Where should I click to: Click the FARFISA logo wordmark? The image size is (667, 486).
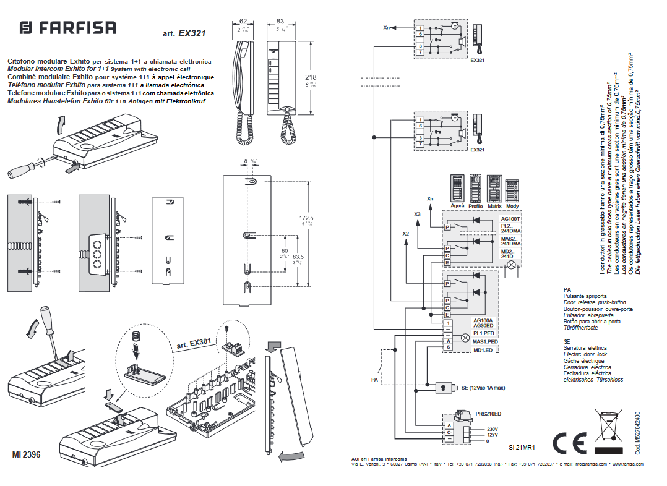pyautogui.click(x=68, y=28)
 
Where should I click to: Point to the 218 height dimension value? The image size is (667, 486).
pyautogui.click(x=311, y=77)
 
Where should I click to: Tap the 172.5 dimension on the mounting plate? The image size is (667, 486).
pyautogui.click(x=306, y=218)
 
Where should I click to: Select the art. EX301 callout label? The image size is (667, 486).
pyautogui.click(x=194, y=343)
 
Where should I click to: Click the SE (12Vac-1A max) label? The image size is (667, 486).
pyautogui.click(x=484, y=387)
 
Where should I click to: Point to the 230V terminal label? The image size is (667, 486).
pyautogui.click(x=493, y=428)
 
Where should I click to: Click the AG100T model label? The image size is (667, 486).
pyautogui.click(x=511, y=219)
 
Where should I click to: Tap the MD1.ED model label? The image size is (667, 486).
pyautogui.click(x=485, y=351)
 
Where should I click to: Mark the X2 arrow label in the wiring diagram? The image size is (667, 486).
pyautogui.click(x=406, y=234)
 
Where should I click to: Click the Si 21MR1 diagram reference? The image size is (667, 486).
pyautogui.click(x=522, y=446)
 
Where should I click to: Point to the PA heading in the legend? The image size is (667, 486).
pyautogui.click(x=567, y=289)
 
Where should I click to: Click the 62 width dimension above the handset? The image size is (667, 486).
pyautogui.click(x=243, y=21)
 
